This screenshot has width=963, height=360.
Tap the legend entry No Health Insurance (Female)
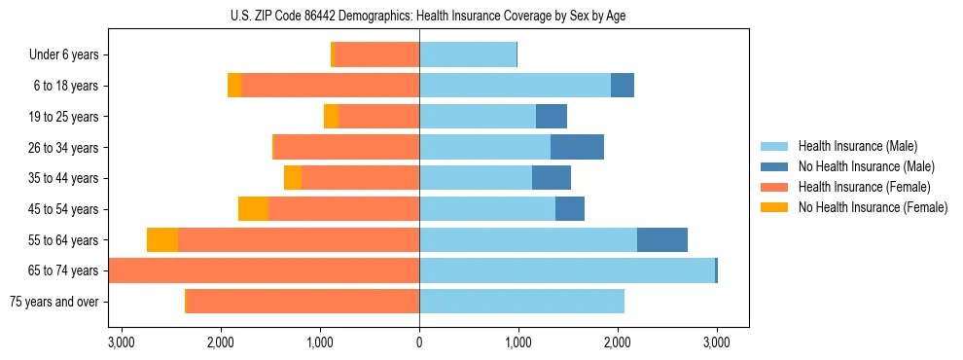tap(873, 207)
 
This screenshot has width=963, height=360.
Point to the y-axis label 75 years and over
tap(53, 302)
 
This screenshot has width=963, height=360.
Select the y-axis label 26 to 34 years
tap(61, 148)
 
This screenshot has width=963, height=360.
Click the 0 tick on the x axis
tap(419, 342)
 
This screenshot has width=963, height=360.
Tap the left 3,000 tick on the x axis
tap(122, 342)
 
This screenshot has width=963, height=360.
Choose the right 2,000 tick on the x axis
tap(618, 342)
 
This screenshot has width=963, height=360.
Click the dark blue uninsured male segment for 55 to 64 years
tap(661, 240)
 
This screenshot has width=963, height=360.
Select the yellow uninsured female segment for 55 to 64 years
tap(162, 240)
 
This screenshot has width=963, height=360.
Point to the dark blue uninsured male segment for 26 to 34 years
tap(577, 148)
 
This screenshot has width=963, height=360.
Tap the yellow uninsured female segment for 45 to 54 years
tap(253, 209)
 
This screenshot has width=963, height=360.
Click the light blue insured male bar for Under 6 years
tap(468, 55)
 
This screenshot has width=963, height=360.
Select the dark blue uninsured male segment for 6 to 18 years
tap(623, 86)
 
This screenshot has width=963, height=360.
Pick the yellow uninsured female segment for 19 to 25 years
tap(331, 117)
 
